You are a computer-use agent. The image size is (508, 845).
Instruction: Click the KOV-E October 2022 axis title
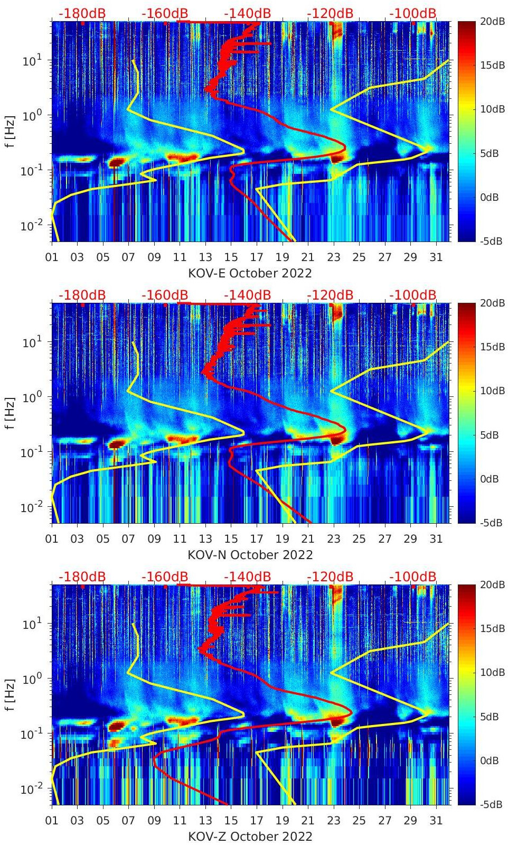coord(250,273)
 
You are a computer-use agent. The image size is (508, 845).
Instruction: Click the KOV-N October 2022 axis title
coord(250,555)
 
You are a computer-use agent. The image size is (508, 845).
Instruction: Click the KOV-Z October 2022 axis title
coord(250,837)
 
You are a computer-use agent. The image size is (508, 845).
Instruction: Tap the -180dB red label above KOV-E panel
coord(82,13)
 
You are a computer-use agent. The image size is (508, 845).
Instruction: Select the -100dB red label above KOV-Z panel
coord(413,577)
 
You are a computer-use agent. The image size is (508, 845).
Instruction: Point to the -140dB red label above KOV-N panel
coord(247,295)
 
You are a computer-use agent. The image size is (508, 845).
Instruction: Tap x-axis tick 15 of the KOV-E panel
coord(231,257)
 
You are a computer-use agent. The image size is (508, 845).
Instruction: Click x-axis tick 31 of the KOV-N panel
coord(436,539)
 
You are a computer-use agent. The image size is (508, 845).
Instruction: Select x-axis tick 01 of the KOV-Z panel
coord(52,821)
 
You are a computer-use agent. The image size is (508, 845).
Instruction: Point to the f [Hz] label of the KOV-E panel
coord(10,131)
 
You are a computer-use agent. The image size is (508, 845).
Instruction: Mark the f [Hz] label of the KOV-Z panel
coord(10,694)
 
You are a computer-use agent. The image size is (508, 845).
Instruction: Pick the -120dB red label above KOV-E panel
coord(330,13)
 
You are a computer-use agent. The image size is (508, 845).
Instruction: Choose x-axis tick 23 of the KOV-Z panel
coord(333,821)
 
